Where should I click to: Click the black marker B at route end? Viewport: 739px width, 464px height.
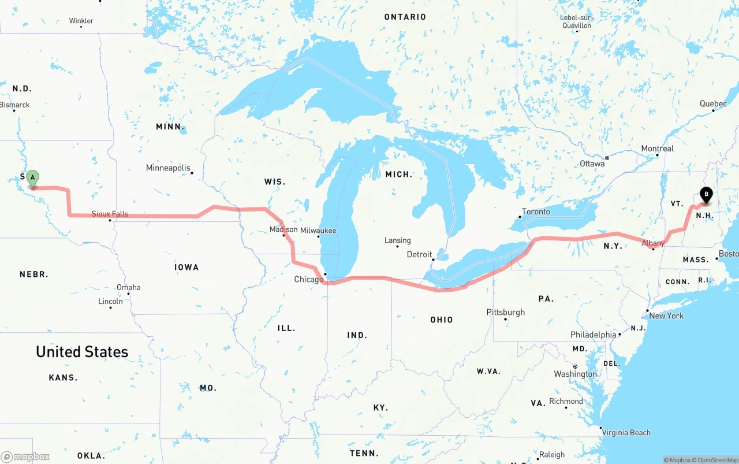706,195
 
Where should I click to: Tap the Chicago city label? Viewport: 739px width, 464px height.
309,280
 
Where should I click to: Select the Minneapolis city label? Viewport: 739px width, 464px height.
168,168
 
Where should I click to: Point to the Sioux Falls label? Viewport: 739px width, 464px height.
110,214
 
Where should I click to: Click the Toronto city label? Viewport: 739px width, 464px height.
536,211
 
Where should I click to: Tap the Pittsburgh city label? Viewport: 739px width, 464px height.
506,312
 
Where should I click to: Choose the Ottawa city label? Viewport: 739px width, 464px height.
592,164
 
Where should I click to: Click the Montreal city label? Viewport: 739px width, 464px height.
657,149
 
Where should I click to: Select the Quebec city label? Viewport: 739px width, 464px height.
713,103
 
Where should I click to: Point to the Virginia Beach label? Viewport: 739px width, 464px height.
626,432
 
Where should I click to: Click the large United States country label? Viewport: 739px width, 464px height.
82,351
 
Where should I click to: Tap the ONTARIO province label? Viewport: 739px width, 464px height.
405,17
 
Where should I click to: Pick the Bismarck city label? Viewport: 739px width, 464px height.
15,105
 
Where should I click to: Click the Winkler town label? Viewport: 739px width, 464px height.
81,21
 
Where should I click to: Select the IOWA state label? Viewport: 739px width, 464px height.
186,267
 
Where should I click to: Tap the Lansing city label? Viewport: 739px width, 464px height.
398,240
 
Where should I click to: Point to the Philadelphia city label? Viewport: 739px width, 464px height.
593,335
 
